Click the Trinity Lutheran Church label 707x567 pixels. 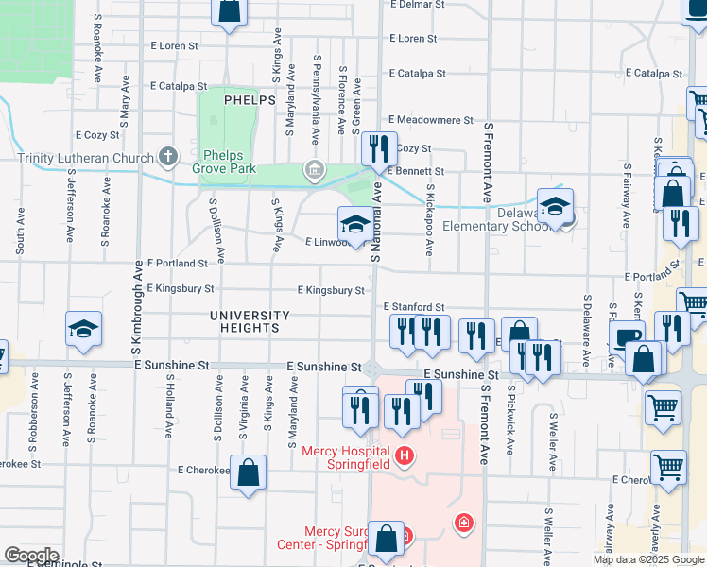click(85, 156)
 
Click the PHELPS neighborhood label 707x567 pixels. click(250, 99)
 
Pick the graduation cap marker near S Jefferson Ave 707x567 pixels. click(83, 328)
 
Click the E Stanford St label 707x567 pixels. click(414, 307)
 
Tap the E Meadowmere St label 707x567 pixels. click(430, 120)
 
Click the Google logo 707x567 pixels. click(31, 556)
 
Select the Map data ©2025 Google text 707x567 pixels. click(648, 559)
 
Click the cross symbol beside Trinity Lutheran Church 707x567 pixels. click(168, 156)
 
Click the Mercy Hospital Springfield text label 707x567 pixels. click(346, 457)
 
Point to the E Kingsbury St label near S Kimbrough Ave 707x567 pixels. click(181, 288)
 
